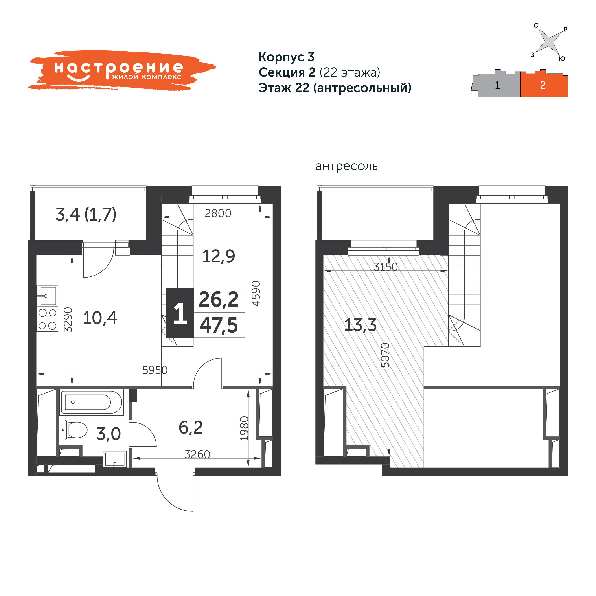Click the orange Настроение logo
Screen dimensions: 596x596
click(122, 70)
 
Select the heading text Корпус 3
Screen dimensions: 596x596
click(286, 57)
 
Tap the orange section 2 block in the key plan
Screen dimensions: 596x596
click(544, 84)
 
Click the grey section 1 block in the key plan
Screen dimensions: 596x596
click(496, 84)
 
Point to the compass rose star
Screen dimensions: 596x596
click(549, 41)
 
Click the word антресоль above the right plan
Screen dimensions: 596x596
click(346, 166)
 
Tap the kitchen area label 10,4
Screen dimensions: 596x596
click(100, 318)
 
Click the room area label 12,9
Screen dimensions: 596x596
click(218, 256)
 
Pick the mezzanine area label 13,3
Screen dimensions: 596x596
click(360, 325)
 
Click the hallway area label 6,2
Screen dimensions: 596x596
click(191, 428)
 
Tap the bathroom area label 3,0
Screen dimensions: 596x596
click(108, 434)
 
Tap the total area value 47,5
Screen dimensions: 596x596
click(219, 326)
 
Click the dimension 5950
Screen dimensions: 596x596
click(155, 370)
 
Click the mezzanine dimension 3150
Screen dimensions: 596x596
click(386, 267)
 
